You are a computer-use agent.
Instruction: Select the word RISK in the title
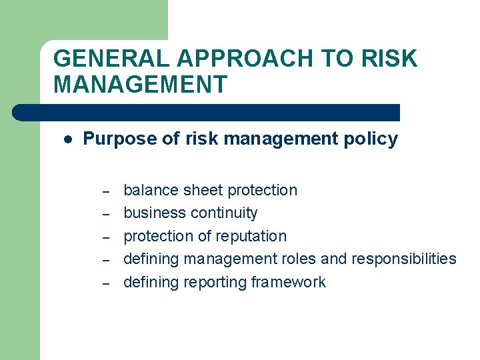coord(390,59)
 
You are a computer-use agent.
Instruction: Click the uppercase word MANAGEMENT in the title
coord(140,85)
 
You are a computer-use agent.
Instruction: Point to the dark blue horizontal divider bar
coord(207,112)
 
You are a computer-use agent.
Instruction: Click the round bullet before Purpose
coord(67,139)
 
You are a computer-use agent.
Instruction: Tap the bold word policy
coord(374,139)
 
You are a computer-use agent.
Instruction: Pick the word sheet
coord(203,190)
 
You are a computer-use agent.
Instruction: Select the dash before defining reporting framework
coord(105,283)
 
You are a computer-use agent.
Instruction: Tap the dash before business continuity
coord(105,215)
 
